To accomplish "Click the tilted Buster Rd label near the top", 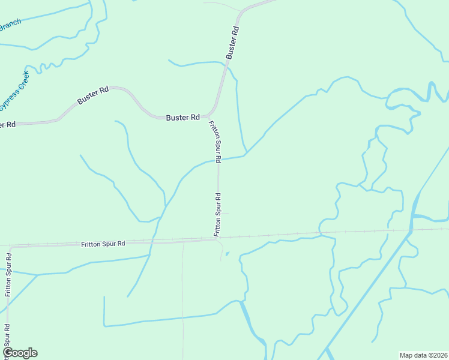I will pyautogui.click(x=233, y=42).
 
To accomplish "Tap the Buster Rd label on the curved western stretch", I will pyautogui.click(x=93, y=94).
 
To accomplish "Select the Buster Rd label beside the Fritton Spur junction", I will pyautogui.click(x=182, y=118).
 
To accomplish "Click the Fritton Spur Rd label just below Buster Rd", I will pyautogui.click(x=215, y=141).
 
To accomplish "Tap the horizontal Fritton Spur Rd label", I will pyautogui.click(x=103, y=244).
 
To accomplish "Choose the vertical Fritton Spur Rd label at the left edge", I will pyautogui.click(x=8, y=275).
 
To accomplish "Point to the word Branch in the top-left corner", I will pyautogui.click(x=10, y=25).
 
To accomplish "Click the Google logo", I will pyautogui.click(x=20, y=353).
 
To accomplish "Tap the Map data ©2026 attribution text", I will pyautogui.click(x=423, y=355).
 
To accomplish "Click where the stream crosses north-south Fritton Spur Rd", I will pyautogui.click(x=218, y=160).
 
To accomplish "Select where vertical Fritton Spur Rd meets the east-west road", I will pyautogui.click(x=217, y=239).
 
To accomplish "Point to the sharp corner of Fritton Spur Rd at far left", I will pyautogui.click(x=10, y=247).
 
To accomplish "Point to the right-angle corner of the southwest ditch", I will pyautogui.click(x=104, y=326).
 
